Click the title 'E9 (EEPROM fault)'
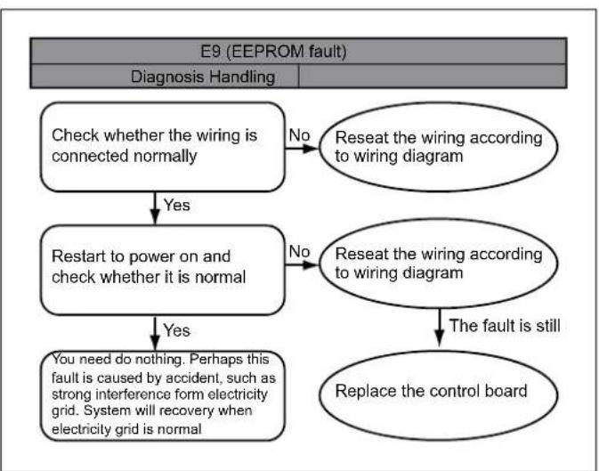(273, 52)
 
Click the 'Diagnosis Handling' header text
(203, 77)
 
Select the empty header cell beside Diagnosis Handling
(433, 76)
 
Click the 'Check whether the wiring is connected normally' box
(163, 147)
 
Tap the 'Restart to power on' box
(163, 270)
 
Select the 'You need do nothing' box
(163, 395)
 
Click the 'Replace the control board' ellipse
(438, 394)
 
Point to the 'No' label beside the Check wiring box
(299, 135)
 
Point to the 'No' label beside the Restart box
(299, 252)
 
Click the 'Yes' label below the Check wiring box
(176, 205)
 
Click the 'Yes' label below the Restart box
(176, 330)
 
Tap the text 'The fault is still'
(505, 326)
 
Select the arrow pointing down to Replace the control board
(440, 328)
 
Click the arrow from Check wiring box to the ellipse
(302, 149)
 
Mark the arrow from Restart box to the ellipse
(302, 264)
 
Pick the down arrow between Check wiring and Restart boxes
(155, 208)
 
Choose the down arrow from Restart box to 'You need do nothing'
(155, 333)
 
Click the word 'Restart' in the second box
(78, 256)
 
